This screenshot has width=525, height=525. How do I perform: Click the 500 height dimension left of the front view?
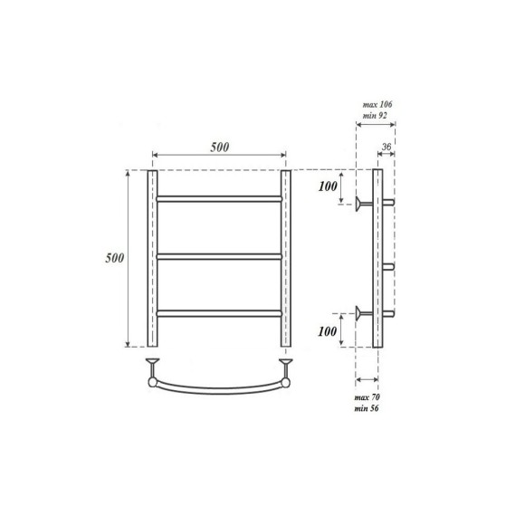pos(113,258)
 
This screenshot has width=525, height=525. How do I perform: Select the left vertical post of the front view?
pos(153,258)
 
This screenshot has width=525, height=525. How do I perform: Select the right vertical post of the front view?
pos(286,258)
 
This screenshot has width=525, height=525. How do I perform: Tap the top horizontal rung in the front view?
pos(219,197)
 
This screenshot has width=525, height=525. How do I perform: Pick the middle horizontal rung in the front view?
pos(219,256)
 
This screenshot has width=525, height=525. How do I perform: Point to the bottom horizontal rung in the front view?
pos(219,313)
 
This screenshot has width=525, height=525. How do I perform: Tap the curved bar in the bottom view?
pos(219,387)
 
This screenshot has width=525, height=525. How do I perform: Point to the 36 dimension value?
pos(387,148)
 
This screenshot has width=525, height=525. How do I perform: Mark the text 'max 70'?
pos(367,398)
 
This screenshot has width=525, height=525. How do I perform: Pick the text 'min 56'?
pos(367,409)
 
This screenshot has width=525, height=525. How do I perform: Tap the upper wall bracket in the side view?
pos(364,204)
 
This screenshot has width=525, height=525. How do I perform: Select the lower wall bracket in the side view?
pos(364,314)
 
